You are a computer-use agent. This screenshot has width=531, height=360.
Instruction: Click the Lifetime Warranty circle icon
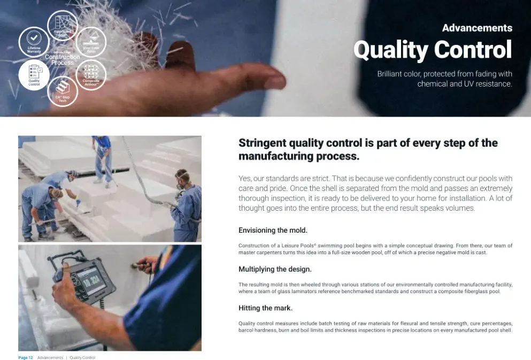click(x=34, y=42)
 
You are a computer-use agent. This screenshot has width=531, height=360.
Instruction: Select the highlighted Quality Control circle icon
click(x=34, y=74)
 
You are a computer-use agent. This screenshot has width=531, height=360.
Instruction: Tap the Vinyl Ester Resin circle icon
click(x=91, y=42)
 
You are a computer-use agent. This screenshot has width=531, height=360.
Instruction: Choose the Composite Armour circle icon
click(x=91, y=74)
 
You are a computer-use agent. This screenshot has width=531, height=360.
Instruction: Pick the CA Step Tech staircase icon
click(x=63, y=91)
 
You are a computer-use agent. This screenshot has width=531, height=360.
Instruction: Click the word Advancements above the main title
click(x=476, y=28)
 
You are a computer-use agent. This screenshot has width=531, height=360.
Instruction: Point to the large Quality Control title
click(x=432, y=50)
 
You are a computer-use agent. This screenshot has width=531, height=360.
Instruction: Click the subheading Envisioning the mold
click(x=273, y=231)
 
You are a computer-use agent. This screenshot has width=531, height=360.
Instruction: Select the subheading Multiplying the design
click(x=275, y=269)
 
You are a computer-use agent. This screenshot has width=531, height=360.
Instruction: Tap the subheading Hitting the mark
click(x=265, y=308)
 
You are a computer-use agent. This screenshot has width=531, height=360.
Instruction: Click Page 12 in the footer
click(x=26, y=357)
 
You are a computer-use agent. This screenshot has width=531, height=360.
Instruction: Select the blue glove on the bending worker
click(x=78, y=203)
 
